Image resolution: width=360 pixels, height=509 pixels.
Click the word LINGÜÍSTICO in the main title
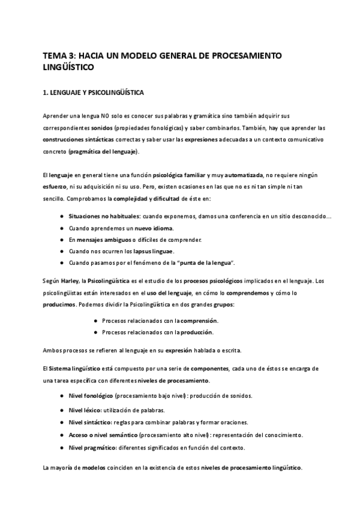point(68,67)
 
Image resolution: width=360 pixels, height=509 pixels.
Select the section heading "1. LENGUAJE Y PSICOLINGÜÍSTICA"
point(92,94)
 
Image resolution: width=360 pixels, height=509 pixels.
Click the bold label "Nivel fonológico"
point(90,396)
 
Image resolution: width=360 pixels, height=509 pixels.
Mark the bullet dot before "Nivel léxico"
point(63,409)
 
